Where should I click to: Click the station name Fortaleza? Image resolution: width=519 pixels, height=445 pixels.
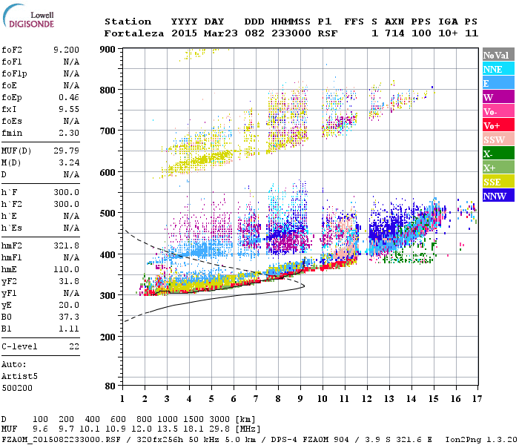[135, 33]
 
